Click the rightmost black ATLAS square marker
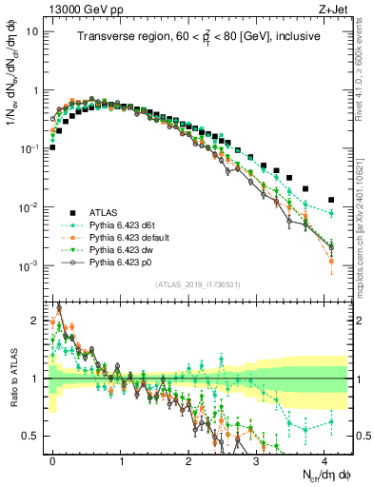(x=331, y=201)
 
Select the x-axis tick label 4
(x=324, y=458)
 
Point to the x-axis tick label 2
(x=188, y=458)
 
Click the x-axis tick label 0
(x=52, y=458)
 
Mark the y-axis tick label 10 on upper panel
(x=31, y=31)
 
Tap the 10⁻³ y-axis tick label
(x=30, y=265)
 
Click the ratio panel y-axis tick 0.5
(x=32, y=436)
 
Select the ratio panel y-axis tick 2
(x=38, y=321)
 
